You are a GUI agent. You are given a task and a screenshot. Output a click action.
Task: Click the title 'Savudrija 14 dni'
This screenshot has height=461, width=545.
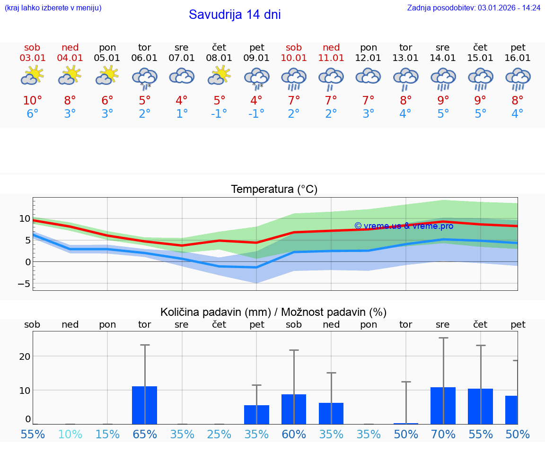pyautogui.click(x=235, y=15)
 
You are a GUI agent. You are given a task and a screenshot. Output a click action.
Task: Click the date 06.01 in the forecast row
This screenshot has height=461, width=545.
pyautogui.click(x=144, y=58)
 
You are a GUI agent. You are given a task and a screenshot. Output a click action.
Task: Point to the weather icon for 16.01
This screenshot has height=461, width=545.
pyautogui.click(x=518, y=78)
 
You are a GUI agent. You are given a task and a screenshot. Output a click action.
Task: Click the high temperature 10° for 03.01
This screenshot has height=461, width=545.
pyautogui.click(x=33, y=101)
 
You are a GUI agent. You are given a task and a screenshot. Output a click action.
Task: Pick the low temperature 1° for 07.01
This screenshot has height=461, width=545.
pyautogui.click(x=182, y=114)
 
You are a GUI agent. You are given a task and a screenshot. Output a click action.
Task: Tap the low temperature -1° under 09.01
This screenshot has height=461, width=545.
pyautogui.click(x=256, y=114)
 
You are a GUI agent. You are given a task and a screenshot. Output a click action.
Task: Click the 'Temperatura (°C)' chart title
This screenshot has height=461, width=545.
pyautogui.click(x=274, y=190)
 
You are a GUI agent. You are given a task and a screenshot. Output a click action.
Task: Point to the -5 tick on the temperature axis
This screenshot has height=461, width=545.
pyautogui.click(x=24, y=284)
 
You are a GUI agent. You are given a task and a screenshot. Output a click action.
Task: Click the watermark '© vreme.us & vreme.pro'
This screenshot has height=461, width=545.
pyautogui.click(x=404, y=226)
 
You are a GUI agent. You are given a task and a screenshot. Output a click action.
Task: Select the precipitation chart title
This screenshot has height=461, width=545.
pyautogui.click(x=273, y=312)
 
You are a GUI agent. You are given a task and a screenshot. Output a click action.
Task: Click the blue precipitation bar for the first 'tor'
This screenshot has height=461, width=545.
pyautogui.click(x=144, y=405)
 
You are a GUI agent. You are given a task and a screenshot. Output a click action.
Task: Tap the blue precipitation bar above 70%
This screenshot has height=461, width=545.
pyautogui.click(x=443, y=406)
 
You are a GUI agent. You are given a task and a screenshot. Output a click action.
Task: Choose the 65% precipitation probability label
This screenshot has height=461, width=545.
pyautogui.click(x=145, y=434)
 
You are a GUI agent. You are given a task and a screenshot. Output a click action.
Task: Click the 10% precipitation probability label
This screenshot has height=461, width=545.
pyautogui.click(x=70, y=434)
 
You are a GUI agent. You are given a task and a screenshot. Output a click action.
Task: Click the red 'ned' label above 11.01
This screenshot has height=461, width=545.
pyautogui.click(x=331, y=48)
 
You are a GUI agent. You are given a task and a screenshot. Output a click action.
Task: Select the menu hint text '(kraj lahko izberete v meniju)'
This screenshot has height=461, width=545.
pyautogui.click(x=53, y=8)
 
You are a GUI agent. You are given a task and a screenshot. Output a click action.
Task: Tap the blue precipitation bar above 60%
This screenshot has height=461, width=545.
pyautogui.click(x=294, y=409)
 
